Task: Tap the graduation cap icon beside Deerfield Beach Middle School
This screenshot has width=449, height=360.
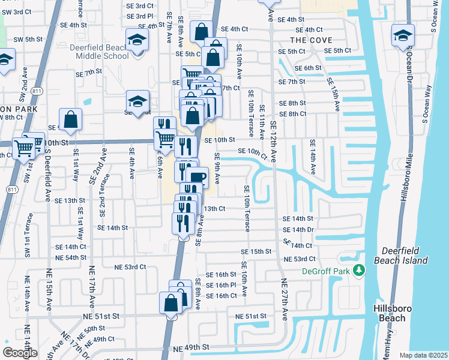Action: [x=137, y=41]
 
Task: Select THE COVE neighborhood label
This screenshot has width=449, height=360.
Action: [x=311, y=40]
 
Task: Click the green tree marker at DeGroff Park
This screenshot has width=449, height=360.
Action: [x=359, y=271]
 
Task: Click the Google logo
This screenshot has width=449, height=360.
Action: [x=19, y=353]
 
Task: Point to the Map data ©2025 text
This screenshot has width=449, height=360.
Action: [x=424, y=355]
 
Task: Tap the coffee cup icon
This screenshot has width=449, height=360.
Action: [x=197, y=177]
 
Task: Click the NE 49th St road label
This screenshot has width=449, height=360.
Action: [x=191, y=348]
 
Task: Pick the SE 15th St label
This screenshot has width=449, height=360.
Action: [x=257, y=251]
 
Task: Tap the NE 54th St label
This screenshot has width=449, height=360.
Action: [x=67, y=257]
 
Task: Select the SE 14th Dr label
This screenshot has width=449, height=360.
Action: [x=298, y=230]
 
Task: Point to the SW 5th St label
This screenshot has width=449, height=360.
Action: [x=28, y=39]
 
